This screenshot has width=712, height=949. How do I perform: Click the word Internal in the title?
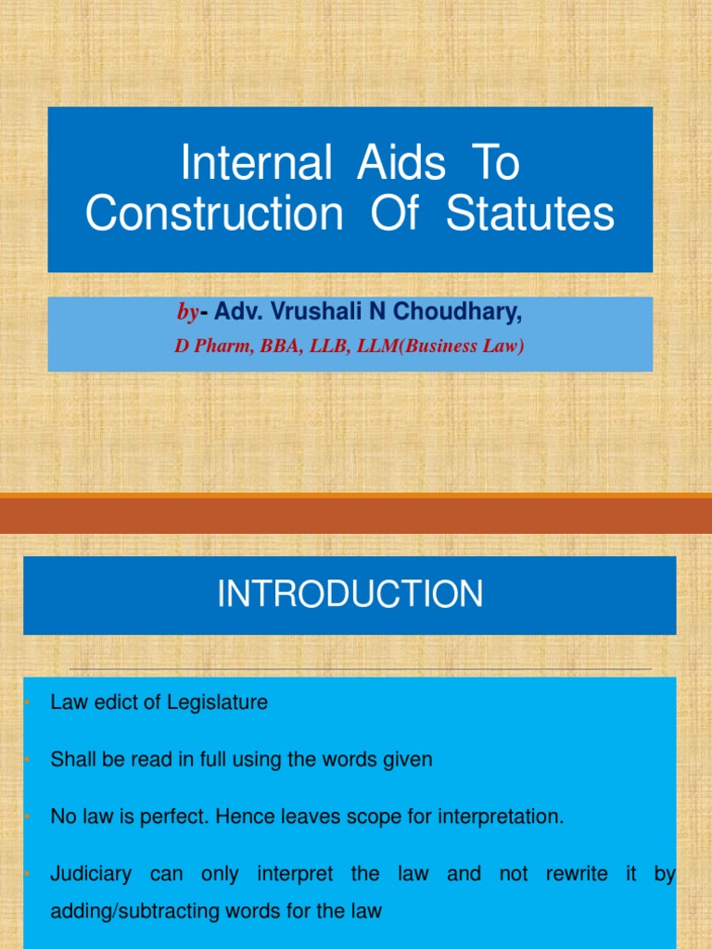[x=255, y=165]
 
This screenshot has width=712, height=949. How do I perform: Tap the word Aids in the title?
[x=388, y=165]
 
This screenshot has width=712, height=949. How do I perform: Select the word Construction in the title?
[x=214, y=214]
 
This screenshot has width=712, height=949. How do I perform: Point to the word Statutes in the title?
[x=529, y=214]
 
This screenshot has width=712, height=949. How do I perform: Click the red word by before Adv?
[x=188, y=314]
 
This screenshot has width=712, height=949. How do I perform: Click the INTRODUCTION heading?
[x=350, y=595]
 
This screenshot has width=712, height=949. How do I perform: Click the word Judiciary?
[x=90, y=874]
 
